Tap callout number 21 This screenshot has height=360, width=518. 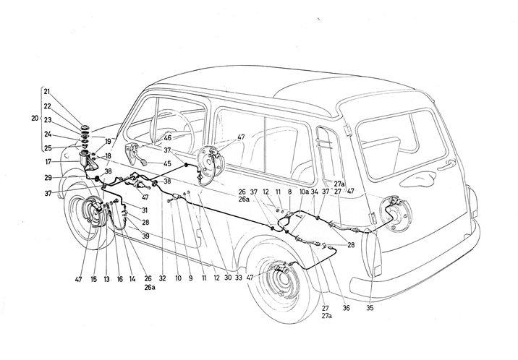pos(48,92)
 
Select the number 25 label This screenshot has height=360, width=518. pos(48,147)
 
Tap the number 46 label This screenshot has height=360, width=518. pos(167,137)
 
